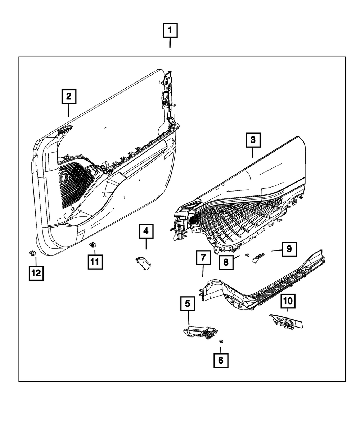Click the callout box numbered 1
pyautogui.click(x=170, y=31)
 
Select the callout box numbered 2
pyautogui.click(x=68, y=96)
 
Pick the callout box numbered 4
pyautogui.click(x=146, y=231)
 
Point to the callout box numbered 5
pyautogui.click(x=188, y=304)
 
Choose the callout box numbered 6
pyautogui.click(x=221, y=360)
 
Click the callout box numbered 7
pyautogui.click(x=203, y=258)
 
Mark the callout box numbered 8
pyautogui.click(x=226, y=262)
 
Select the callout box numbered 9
pyautogui.click(x=289, y=248)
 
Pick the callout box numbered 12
pyautogui.click(x=36, y=273)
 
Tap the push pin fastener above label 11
pyautogui.click(x=93, y=245)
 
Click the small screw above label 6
pyautogui.click(x=221, y=341)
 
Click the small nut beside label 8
pyautogui.click(x=248, y=255)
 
